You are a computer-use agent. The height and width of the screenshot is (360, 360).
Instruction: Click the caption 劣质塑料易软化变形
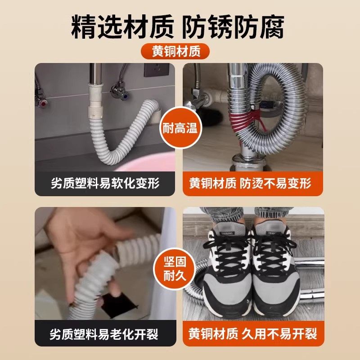105,183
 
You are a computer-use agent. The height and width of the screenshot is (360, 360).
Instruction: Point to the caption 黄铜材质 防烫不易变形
253,183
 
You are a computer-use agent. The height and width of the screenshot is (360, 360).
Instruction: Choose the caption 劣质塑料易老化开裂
105,333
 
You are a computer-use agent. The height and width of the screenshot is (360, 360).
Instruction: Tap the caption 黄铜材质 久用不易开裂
253,333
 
